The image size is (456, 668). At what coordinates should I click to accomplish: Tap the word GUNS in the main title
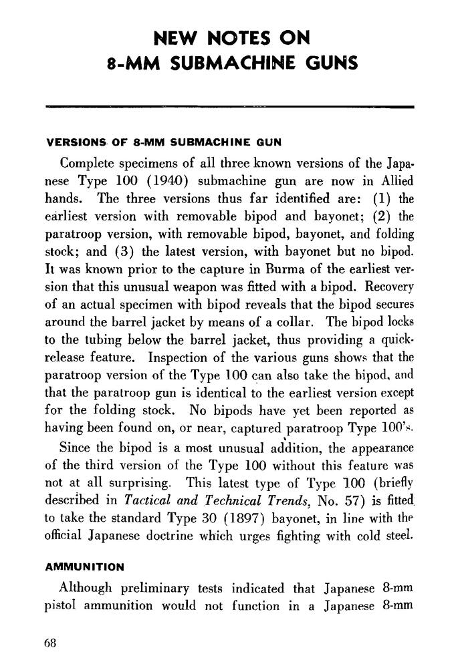pos(328,64)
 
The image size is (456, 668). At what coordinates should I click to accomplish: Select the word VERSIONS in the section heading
pos(73,142)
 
